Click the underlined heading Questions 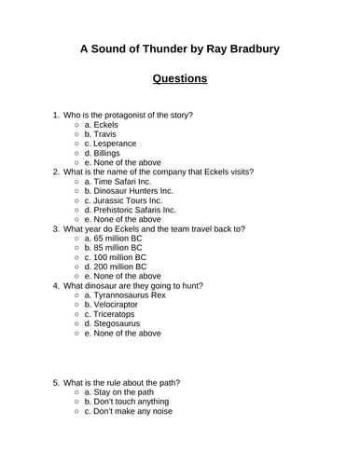pyautogui.click(x=180, y=79)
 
